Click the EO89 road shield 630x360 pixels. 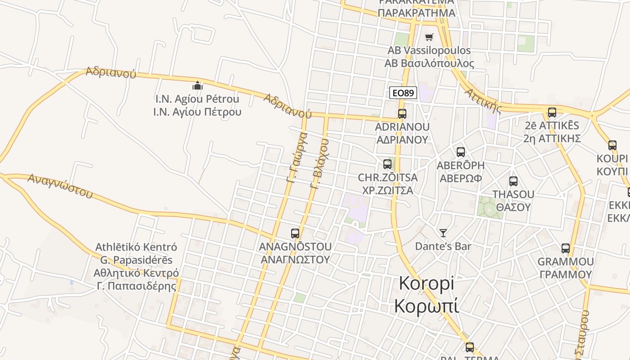click(x=403, y=93)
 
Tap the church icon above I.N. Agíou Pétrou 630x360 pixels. click(x=197, y=85)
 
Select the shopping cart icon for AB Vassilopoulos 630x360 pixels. click(x=429, y=37)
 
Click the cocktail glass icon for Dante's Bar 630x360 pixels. click(x=443, y=233)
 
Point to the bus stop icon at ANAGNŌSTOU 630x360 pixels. click(x=295, y=234)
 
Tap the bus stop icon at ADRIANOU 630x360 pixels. click(x=402, y=114)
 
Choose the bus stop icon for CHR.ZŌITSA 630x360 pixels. click(x=387, y=164)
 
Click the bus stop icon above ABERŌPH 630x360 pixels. click(x=461, y=152)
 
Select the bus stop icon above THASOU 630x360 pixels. click(x=513, y=181)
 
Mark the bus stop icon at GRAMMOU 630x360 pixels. click(x=566, y=248)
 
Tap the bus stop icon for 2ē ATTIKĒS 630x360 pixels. click(x=552, y=112)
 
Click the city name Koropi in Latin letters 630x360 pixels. click(x=427, y=283)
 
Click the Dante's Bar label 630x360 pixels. click(x=443, y=246)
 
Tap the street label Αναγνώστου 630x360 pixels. click(x=60, y=186)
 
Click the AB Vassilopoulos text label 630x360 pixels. click(x=429, y=50)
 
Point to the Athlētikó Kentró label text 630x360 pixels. click(x=136, y=247)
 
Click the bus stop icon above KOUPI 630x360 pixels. click(x=612, y=145)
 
